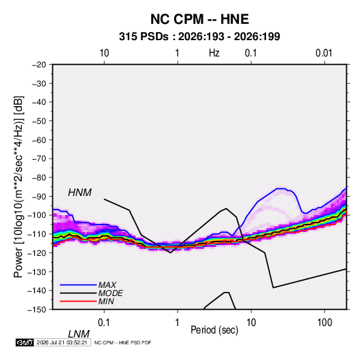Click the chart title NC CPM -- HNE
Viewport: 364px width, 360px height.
coord(199,19)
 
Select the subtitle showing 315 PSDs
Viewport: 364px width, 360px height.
coord(199,37)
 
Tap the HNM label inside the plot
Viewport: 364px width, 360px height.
coord(80,193)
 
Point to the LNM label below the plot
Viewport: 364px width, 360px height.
coord(78,334)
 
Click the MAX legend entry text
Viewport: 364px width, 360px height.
coord(107,285)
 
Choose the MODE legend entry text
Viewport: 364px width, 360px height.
coord(110,293)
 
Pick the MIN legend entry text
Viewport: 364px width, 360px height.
coord(106,301)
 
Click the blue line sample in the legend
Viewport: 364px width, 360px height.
coord(78,285)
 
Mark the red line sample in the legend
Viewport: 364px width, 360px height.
coord(78,301)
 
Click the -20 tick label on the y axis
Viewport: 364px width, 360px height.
coord(39,65)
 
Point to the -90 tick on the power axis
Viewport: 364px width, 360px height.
coord(39,197)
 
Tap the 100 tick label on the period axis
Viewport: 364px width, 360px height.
coord(325,322)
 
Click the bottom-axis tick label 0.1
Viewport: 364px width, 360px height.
coord(103,322)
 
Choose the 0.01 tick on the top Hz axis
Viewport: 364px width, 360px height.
coord(324,53)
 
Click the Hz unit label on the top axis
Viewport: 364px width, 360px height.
coord(214,53)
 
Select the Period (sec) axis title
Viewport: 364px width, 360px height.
coord(214,330)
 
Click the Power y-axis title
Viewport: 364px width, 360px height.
coord(18,187)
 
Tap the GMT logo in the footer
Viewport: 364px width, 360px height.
coord(25,342)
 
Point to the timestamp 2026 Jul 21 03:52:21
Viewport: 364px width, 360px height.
coord(62,342)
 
